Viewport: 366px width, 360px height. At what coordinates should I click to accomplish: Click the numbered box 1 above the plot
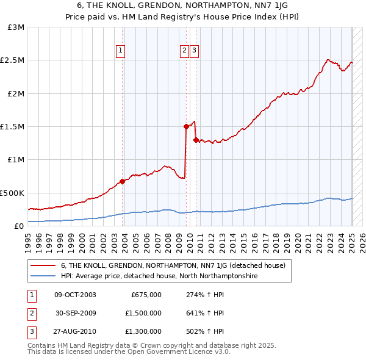click(x=121, y=51)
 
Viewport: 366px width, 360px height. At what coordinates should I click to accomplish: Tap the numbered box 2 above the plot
click(x=184, y=51)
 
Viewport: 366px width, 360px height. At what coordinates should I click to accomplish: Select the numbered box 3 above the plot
click(x=194, y=51)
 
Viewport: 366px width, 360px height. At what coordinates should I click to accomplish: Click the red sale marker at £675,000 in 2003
click(x=122, y=181)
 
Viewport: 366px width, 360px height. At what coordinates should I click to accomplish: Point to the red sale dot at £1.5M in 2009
click(x=186, y=126)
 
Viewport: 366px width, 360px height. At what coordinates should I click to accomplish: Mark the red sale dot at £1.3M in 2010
click(x=196, y=140)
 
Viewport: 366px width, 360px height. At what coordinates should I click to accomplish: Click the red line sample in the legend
click(x=43, y=266)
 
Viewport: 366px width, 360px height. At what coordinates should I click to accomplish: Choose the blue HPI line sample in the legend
click(x=43, y=276)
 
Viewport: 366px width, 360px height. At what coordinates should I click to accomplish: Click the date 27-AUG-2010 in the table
click(x=75, y=332)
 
